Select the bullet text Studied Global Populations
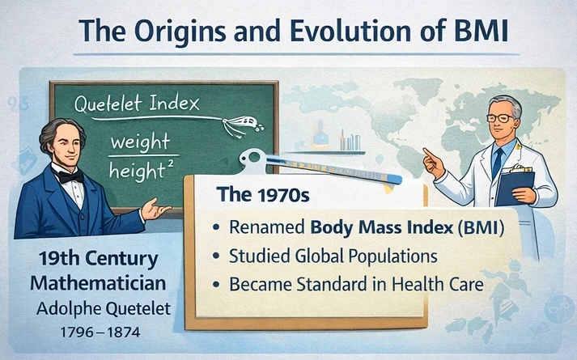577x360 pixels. point(333,256)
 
